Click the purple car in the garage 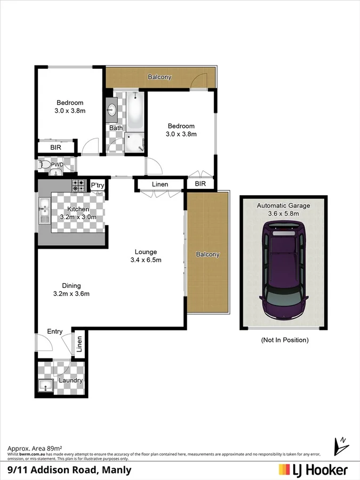coord(283,272)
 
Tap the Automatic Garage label coord(283,205)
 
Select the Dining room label coord(71,285)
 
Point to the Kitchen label coord(78,210)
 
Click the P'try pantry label coord(97,185)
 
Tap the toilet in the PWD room coord(45,165)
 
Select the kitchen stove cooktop coord(78,186)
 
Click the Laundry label coord(71,380)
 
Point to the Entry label coord(55,332)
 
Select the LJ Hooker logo coord(313,470)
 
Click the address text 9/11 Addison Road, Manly coord(69,470)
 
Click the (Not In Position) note coord(284,340)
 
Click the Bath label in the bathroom coord(116,128)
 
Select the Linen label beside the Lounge coord(160,185)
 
